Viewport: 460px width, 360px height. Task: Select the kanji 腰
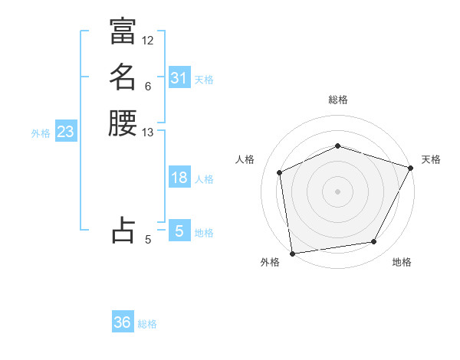[123, 123]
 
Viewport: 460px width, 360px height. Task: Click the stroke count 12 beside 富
[148, 40]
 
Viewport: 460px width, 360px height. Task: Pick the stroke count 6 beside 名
[148, 86]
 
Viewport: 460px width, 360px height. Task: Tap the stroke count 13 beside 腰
[148, 133]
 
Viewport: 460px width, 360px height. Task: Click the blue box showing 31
[179, 78]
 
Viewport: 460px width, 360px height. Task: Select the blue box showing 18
[179, 178]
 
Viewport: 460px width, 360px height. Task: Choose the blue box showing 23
[66, 132]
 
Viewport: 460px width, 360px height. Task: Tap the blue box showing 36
[123, 322]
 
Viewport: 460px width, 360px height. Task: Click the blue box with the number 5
[179, 231]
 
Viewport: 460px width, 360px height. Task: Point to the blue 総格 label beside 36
[147, 324]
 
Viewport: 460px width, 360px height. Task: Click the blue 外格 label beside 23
[41, 133]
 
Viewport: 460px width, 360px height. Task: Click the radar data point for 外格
[292, 253]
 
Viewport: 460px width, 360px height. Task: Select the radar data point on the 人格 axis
[280, 172]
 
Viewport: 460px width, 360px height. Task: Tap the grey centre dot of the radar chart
[337, 191]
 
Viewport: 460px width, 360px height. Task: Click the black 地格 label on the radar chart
[402, 263]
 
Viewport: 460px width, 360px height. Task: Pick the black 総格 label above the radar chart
[337, 100]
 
